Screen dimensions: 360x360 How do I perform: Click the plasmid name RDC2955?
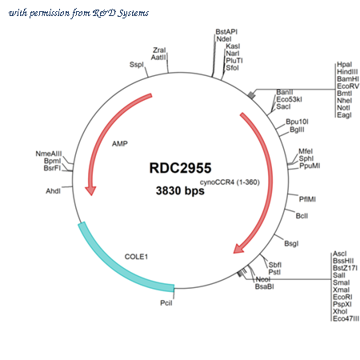tap(180, 168)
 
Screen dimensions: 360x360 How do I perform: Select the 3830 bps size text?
tap(180, 190)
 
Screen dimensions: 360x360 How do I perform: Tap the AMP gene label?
tap(120, 144)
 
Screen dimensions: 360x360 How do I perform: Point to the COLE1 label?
tap(136, 257)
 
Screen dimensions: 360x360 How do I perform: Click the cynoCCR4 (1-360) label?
tap(230, 182)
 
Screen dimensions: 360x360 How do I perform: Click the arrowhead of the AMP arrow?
tap(90, 190)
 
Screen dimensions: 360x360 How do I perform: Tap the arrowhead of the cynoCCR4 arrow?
tap(238, 249)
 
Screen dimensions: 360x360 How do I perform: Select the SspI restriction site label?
tap(137, 65)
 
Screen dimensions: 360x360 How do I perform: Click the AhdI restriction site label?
tap(53, 191)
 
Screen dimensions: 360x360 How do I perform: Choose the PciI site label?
tap(166, 303)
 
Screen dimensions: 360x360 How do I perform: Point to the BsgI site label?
tap(291, 243)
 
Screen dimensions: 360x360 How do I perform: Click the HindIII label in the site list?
tap(347, 72)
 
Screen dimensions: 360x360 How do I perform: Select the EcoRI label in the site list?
tap(342, 297)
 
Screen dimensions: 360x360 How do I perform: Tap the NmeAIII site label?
tap(49, 154)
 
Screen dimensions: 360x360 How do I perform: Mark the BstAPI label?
tap(226, 32)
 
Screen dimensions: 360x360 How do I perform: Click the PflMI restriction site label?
tap(307, 199)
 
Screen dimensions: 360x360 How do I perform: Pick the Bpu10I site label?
tap(297, 122)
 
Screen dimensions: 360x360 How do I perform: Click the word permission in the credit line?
tap(49, 13)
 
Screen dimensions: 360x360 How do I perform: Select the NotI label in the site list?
tap(343, 108)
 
